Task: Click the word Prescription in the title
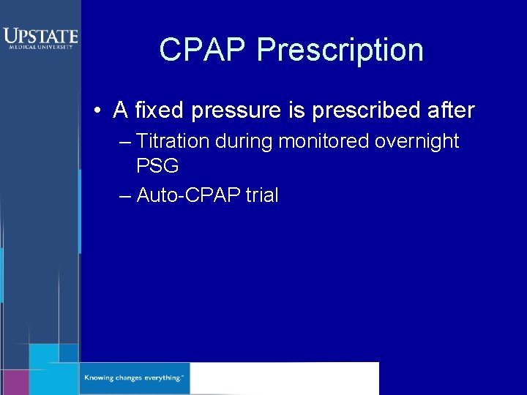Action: coord(340,50)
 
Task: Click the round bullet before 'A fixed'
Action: coord(97,111)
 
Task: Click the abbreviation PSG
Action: coord(157,166)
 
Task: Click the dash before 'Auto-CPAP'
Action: coord(124,195)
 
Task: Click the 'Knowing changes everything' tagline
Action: coord(134,378)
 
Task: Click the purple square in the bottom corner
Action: coord(14,382)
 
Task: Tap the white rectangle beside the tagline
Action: coord(284,378)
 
